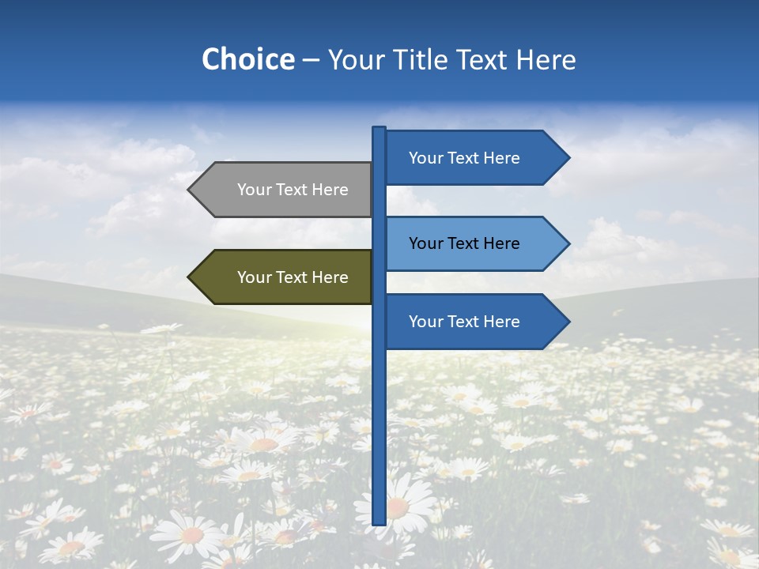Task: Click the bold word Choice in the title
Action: [247, 59]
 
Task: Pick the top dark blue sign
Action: [470, 158]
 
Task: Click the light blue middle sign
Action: [470, 243]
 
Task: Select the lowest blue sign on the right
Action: [470, 322]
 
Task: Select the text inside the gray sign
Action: [293, 190]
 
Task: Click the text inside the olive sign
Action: [293, 277]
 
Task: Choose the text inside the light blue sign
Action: [464, 243]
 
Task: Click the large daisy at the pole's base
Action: [399, 507]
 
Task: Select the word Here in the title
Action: [546, 59]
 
